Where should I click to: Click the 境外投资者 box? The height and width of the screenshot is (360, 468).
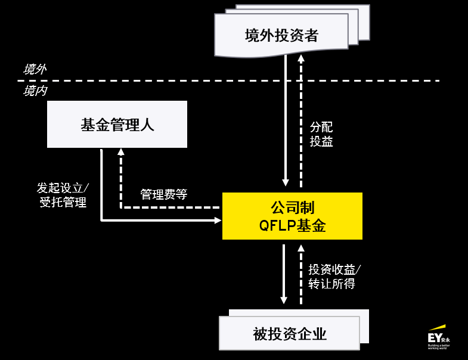281,36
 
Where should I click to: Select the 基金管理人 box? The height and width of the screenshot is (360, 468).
117,125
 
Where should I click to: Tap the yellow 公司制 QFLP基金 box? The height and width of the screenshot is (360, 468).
292,216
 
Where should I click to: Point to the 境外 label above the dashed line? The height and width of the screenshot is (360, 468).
34,69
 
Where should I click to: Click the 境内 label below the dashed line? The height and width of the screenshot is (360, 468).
35,91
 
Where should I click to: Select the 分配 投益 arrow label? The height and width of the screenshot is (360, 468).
321,134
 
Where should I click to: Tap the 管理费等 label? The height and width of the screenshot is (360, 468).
164,194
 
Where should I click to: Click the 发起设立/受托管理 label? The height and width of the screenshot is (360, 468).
63,195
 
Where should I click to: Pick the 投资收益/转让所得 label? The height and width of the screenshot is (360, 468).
334,277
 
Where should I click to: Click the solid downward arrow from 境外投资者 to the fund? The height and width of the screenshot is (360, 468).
286,119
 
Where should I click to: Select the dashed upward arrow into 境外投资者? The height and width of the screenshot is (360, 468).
301,119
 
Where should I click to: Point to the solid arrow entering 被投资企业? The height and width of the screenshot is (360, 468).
284,274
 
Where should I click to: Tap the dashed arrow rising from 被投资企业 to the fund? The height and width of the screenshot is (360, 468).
300,274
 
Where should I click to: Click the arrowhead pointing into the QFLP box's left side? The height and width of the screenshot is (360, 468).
218,221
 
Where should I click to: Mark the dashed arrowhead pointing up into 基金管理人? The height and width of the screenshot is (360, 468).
121,152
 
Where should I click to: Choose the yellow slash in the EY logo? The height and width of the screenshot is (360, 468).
437,327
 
